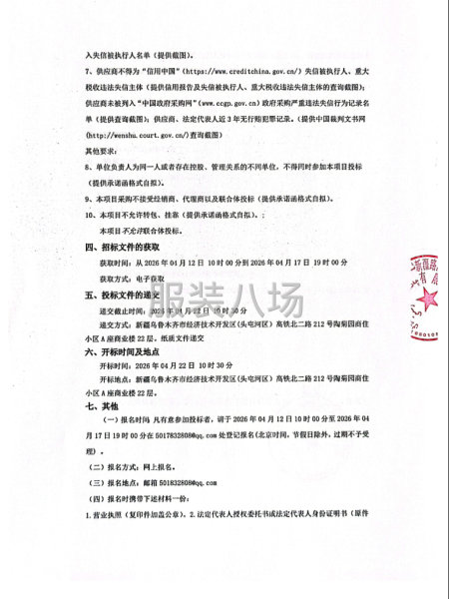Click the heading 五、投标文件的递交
(121, 297)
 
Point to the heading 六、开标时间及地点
(121, 351)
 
